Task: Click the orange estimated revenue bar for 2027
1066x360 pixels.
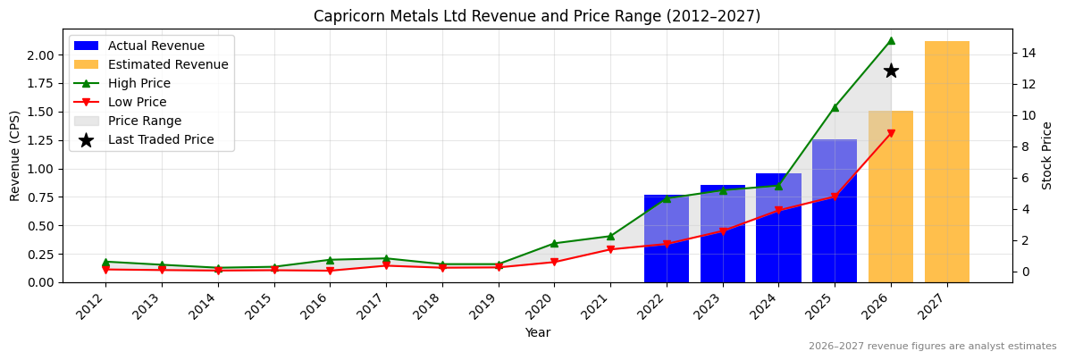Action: click(x=946, y=162)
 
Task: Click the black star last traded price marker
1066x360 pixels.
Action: click(x=890, y=71)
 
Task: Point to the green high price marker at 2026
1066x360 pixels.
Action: click(x=890, y=40)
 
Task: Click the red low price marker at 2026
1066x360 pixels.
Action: click(x=890, y=133)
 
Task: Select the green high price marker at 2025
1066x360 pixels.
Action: click(x=835, y=107)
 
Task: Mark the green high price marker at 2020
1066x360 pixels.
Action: click(x=554, y=243)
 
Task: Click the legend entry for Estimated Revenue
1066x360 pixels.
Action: click(x=167, y=64)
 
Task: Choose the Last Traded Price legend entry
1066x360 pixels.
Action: click(x=160, y=139)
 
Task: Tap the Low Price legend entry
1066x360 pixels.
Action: click(x=137, y=102)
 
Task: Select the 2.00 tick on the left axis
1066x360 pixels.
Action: click(x=39, y=55)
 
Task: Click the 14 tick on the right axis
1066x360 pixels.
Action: click(x=1028, y=53)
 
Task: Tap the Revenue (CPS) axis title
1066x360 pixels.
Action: click(x=15, y=155)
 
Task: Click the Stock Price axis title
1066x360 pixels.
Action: click(x=1047, y=155)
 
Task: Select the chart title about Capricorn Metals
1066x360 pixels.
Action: click(x=537, y=16)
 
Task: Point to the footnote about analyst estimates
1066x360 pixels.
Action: click(x=932, y=347)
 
